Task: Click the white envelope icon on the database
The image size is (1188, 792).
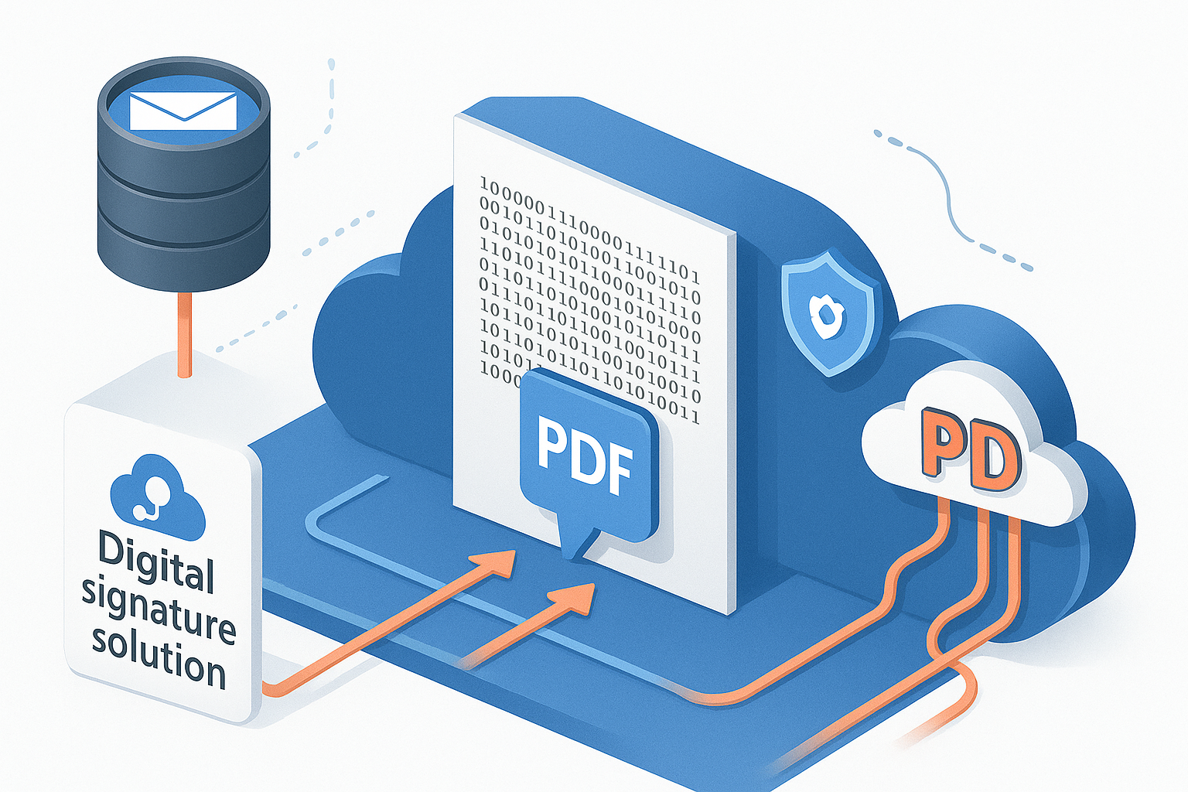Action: click(183, 111)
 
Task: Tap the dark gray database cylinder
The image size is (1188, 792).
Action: click(183, 178)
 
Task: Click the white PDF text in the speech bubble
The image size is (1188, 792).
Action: click(585, 454)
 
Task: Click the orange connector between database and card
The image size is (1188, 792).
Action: click(183, 333)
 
